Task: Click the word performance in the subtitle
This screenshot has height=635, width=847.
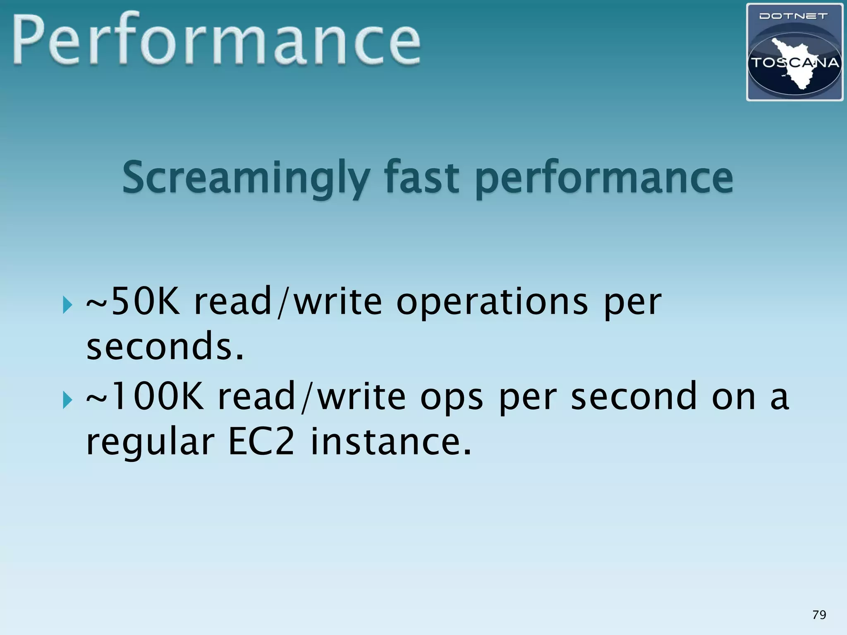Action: (604, 179)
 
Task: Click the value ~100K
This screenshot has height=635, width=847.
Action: (145, 396)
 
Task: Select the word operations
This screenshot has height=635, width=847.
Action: (492, 302)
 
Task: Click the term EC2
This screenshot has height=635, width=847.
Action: (261, 442)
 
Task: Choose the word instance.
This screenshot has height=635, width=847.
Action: (391, 442)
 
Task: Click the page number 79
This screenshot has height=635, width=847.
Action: (819, 615)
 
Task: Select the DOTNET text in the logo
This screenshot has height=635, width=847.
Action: (794, 17)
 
